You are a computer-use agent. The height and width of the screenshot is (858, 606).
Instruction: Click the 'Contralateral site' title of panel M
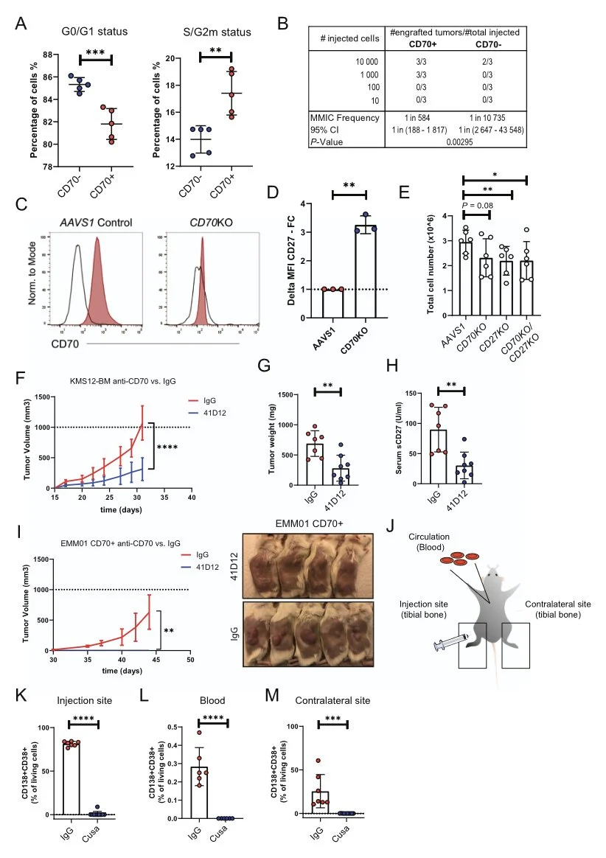[328, 702]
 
